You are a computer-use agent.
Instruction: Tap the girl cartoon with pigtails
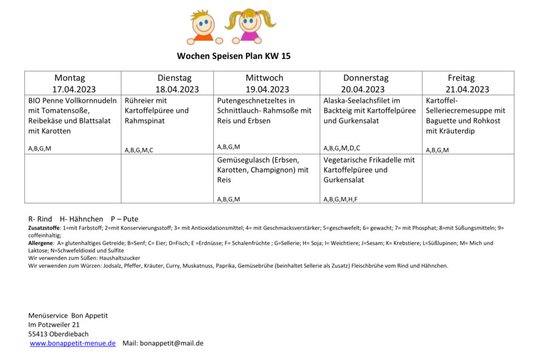click(250, 27)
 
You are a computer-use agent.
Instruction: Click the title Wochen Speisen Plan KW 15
click(237, 56)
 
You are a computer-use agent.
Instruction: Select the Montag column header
click(69, 78)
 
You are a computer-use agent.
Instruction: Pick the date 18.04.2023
click(177, 89)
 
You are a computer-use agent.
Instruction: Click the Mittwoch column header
click(264, 78)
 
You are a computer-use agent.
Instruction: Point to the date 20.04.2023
click(365, 89)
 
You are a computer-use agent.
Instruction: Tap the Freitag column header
click(461, 78)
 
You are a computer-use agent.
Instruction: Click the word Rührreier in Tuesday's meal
click(140, 101)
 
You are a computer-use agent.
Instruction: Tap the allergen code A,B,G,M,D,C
click(342, 148)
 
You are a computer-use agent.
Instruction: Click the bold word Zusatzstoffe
click(44, 228)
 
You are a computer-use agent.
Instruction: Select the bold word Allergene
click(41, 243)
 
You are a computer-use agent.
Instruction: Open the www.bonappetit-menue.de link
click(72, 343)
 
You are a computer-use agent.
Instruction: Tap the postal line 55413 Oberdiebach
click(58, 334)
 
